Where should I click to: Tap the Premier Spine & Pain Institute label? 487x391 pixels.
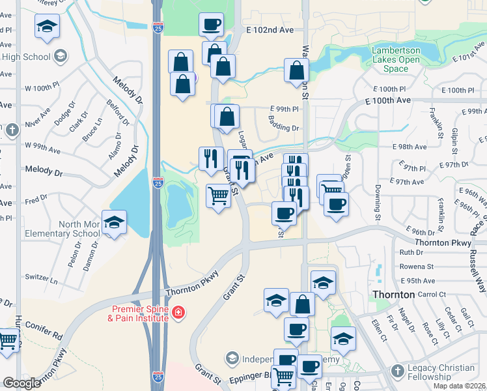(139, 313)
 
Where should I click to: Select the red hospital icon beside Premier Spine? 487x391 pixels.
(178, 313)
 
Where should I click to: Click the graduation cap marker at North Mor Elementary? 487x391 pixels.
(115, 223)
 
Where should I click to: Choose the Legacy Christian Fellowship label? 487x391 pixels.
(441, 372)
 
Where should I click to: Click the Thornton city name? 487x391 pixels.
(393, 295)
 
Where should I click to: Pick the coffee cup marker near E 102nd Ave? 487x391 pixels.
(211, 25)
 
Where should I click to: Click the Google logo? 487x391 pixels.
(21, 383)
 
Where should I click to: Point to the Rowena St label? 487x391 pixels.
(416, 267)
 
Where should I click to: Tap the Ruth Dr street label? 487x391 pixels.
(411, 252)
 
